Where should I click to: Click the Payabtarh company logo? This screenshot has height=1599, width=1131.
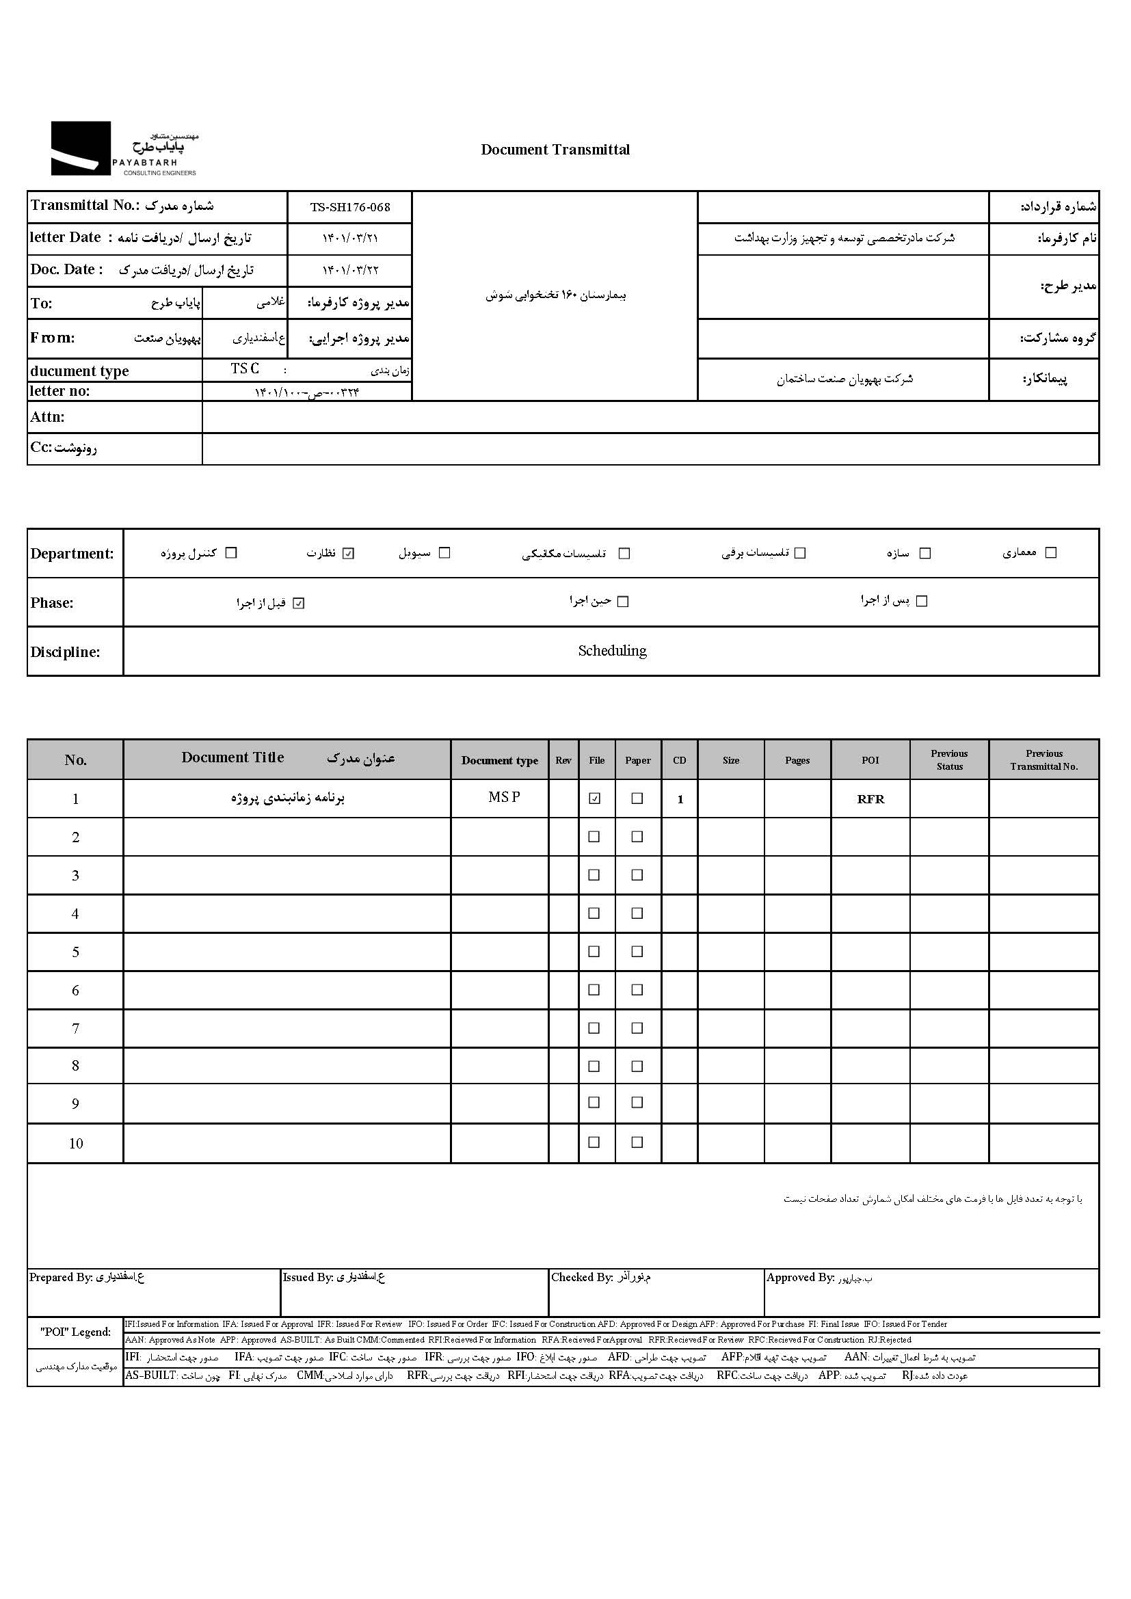[x=124, y=148]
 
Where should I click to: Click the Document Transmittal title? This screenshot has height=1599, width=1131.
[x=555, y=150]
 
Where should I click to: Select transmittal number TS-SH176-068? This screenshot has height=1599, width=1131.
[x=349, y=208]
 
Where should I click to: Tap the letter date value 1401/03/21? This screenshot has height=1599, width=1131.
[x=349, y=238]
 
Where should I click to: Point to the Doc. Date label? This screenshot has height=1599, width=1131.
[x=66, y=269]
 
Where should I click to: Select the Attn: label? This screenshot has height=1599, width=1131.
[x=47, y=417]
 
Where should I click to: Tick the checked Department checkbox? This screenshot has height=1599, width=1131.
[x=349, y=554]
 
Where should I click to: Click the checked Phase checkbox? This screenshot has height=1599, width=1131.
[x=299, y=604]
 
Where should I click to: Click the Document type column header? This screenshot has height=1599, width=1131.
[x=499, y=760]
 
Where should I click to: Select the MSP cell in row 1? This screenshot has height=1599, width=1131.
[x=504, y=798]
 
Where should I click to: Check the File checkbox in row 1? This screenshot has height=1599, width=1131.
[x=594, y=798]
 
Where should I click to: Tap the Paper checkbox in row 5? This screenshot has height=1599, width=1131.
[x=637, y=952]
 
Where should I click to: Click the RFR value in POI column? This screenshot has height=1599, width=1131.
[x=870, y=800]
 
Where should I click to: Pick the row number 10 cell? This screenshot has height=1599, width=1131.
[x=76, y=1144]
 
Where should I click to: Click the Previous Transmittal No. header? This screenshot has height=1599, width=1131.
[x=1043, y=760]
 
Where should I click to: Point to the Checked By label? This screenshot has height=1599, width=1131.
[x=581, y=1277]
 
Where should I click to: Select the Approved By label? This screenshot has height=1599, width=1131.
[x=800, y=1277]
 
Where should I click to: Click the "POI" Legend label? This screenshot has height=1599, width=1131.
[x=75, y=1332]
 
